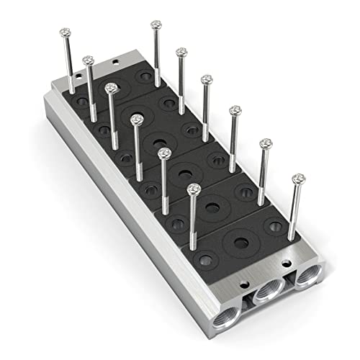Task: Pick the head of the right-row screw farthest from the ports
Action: tap(156, 24)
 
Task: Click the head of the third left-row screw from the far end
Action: tap(111, 88)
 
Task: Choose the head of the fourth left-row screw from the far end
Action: tap(137, 118)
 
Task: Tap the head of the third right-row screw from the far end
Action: tap(207, 78)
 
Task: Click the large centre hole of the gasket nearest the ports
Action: tap(238, 240)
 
